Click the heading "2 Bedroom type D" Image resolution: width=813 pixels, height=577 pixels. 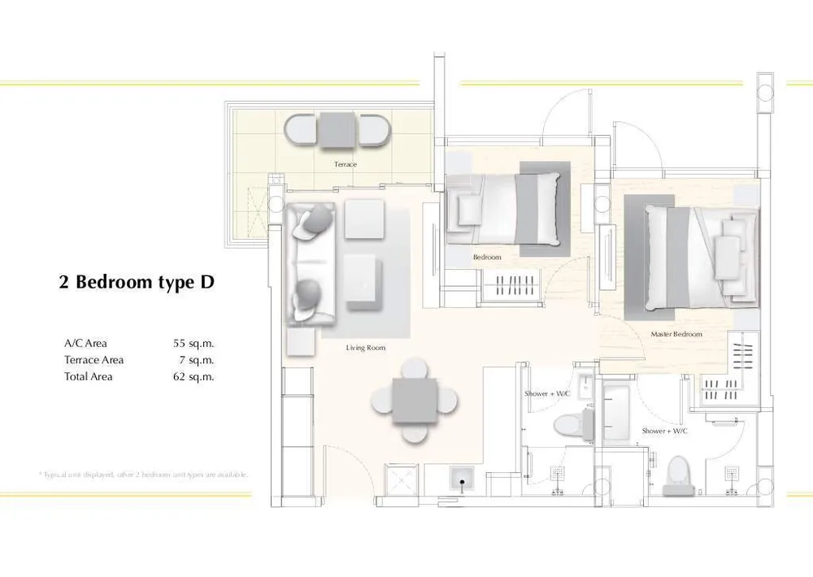coord(137,283)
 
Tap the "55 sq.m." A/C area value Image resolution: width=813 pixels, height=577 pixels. coord(193,343)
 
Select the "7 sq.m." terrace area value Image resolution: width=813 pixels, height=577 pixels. coord(197,360)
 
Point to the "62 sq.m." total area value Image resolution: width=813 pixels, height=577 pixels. coord(193,377)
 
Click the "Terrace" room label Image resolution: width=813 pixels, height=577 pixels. coord(345,164)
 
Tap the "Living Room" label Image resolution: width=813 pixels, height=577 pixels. coord(365,348)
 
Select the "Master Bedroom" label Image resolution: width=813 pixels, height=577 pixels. coord(676,334)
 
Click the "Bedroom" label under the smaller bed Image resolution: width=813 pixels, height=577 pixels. coord(487,258)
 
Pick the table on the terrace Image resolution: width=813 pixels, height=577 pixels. coord(337,129)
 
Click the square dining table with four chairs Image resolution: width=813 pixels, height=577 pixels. coord(414,401)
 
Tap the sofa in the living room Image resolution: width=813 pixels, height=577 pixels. coord(310,264)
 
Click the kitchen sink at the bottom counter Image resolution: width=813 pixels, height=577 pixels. coord(462,480)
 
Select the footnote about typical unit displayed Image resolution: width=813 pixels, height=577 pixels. coord(142,475)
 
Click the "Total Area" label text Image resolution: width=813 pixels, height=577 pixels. coord(89,377)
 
